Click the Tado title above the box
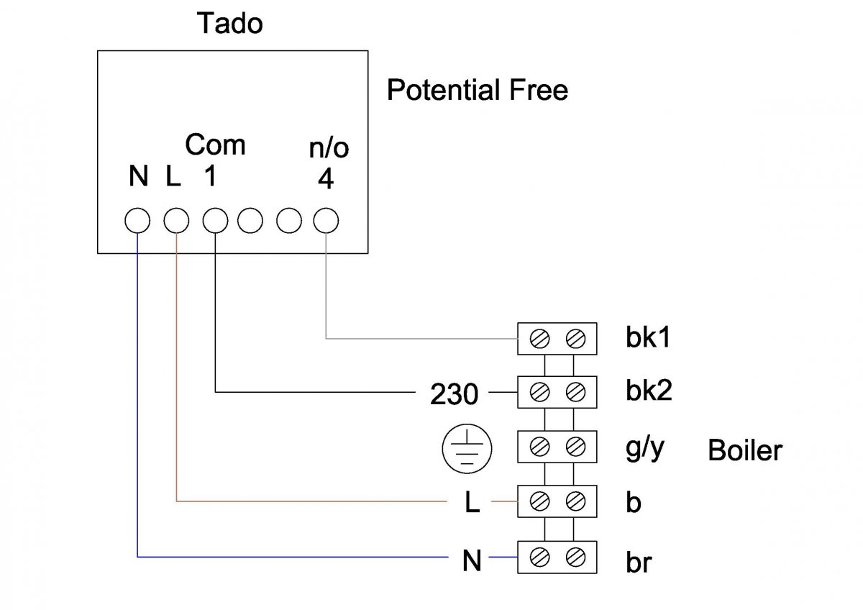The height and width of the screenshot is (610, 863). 230,24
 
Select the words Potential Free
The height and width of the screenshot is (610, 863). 477,91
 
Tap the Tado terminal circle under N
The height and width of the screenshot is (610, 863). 137,221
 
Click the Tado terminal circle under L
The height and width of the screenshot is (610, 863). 176,221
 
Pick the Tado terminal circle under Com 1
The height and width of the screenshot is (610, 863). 214,221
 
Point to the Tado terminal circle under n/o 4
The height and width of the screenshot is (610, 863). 326,221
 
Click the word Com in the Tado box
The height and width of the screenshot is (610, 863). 215,145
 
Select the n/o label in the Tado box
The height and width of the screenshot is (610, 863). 328,149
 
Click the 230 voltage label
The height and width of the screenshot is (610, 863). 454,394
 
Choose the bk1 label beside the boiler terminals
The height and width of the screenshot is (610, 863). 647,337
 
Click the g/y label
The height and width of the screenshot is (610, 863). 645,450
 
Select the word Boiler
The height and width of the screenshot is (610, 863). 744,450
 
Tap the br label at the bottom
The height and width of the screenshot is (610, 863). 638,562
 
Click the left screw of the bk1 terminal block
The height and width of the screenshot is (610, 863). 539,337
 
